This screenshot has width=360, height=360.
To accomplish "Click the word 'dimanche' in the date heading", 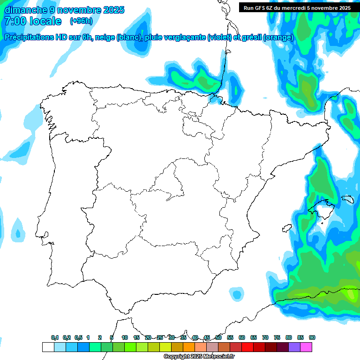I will point(25,10).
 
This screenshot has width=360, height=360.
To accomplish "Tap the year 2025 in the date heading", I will point(111,10).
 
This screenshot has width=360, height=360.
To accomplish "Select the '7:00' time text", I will point(15,21).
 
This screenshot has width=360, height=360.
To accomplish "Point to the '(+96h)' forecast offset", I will point(81,21).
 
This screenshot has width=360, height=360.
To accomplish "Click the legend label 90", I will point(312,338).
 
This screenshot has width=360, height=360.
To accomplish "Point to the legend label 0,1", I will point(55,338).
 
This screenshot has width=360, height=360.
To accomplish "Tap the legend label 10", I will point(125,338).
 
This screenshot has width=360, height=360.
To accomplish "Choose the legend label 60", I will point(242,338).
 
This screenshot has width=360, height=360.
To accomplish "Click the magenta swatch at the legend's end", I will point(306,347).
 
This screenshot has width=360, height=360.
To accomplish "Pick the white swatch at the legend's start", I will point(48,347).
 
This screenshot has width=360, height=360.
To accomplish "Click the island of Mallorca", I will point(322,209).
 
